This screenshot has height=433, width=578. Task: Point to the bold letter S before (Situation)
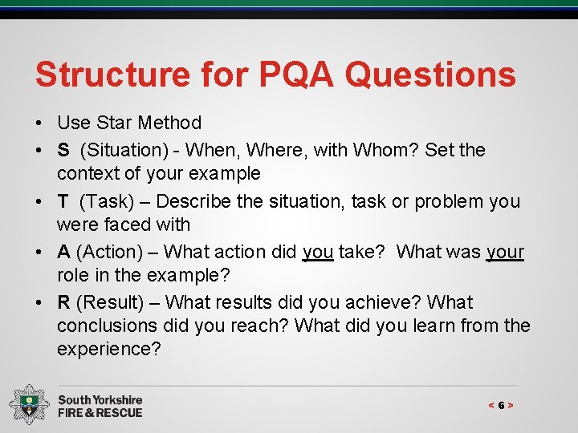pos(63,150)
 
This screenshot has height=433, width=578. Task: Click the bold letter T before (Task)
pos(63,201)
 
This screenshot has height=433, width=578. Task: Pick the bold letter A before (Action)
pos(63,252)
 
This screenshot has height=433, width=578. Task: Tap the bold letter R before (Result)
pos(63,302)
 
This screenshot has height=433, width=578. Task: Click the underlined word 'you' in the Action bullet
pos(318,253)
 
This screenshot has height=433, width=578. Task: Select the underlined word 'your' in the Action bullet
pos(505,253)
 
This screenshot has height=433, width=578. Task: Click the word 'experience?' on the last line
pos(109,349)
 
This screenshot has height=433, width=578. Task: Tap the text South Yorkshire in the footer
pos(100,399)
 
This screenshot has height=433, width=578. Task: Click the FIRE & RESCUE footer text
pos(100,412)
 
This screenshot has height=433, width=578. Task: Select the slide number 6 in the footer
pos(501,406)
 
